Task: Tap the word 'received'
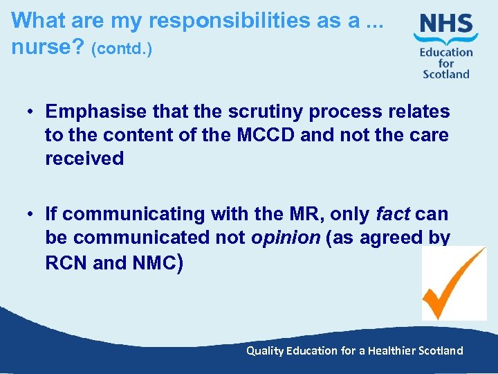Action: [84, 159]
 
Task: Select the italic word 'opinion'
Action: [286, 238]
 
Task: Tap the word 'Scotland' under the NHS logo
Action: [446, 74]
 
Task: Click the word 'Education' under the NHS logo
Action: [446, 53]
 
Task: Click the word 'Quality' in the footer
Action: [265, 350]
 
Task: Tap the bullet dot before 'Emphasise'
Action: [32, 112]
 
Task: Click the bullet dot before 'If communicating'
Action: [32, 215]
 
